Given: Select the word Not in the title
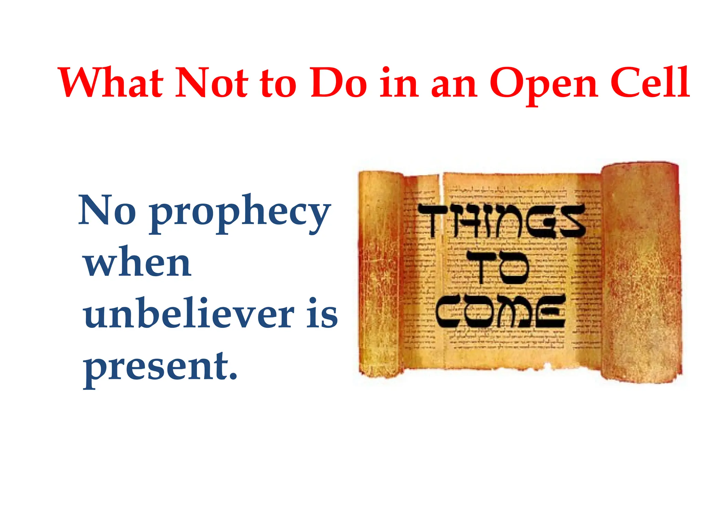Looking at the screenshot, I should coord(211,83).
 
